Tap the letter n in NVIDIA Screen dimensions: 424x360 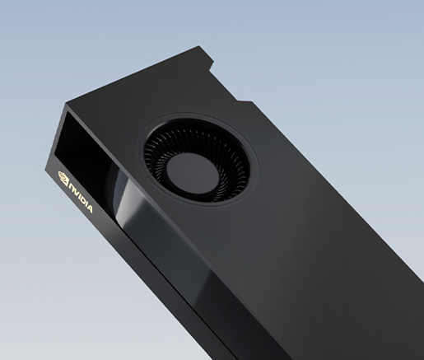coord(72,187)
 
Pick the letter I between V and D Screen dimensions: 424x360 coord(81,198)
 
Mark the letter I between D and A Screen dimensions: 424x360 coord(86,204)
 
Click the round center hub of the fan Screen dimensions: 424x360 coord(192,173)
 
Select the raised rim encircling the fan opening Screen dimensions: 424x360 coord(256,154)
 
